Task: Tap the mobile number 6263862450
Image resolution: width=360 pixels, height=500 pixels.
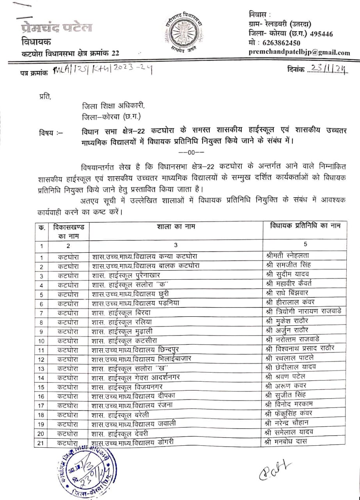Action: point(276,43)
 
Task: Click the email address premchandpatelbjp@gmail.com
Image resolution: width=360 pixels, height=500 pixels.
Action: point(299,53)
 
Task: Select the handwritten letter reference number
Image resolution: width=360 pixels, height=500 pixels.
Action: point(102,71)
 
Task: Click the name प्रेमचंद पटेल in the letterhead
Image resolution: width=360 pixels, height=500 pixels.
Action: point(57,28)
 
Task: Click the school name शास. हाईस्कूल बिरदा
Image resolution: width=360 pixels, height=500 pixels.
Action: point(124,312)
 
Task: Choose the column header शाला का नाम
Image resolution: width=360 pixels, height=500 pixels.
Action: point(176,227)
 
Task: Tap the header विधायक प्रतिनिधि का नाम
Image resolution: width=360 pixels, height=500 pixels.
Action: point(305,226)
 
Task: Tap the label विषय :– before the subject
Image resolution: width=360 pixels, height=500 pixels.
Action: point(51,131)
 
